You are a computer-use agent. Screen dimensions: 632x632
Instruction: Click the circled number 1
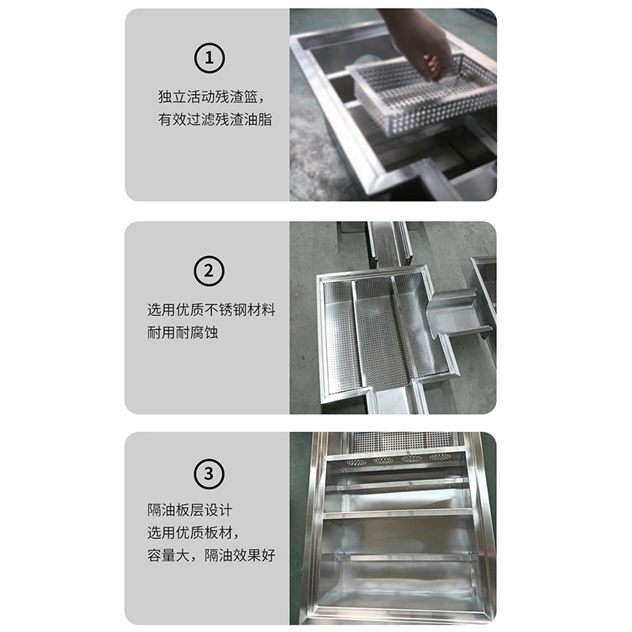click(x=209, y=58)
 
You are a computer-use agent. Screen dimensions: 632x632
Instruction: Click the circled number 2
click(x=209, y=271)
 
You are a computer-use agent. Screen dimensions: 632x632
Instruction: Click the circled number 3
click(x=209, y=475)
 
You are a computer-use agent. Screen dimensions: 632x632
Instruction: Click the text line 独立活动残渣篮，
click(x=209, y=97)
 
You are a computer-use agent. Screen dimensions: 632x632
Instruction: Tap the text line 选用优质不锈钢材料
click(x=211, y=310)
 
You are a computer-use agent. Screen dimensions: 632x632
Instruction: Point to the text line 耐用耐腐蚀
click(x=182, y=333)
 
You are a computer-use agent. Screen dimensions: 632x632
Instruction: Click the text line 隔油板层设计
click(x=189, y=510)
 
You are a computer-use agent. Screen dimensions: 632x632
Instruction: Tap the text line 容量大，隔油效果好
click(x=211, y=555)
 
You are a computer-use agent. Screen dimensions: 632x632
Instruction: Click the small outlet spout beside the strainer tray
click(x=454, y=312)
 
